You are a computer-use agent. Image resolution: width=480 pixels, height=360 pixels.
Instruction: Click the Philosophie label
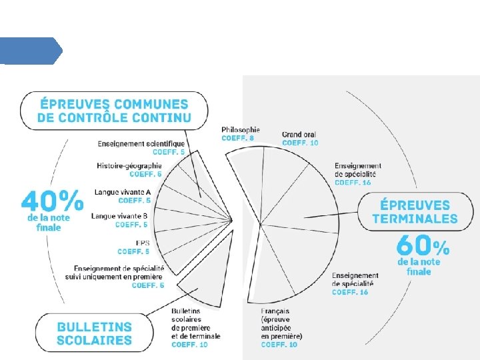(241, 129)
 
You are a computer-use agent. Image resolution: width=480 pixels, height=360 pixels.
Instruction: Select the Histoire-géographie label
(129, 165)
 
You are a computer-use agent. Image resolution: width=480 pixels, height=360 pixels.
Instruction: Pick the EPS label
(142, 243)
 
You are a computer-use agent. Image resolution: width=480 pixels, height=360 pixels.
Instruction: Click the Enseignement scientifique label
(141, 143)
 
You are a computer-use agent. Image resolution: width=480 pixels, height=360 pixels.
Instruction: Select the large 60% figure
(423, 245)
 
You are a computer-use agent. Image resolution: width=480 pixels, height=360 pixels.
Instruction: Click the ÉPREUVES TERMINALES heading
(415, 211)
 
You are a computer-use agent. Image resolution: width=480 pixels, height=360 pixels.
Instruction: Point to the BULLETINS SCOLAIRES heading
(94, 333)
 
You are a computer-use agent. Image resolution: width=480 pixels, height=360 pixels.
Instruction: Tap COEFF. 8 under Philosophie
(237, 138)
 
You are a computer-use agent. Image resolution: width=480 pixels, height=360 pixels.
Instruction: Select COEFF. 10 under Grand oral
(300, 143)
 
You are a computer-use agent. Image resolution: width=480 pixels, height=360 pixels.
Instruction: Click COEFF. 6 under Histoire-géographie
(145, 174)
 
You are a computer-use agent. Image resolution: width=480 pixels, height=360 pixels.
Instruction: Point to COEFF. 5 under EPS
(133, 251)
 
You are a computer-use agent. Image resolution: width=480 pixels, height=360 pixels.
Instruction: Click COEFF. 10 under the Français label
(279, 345)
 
